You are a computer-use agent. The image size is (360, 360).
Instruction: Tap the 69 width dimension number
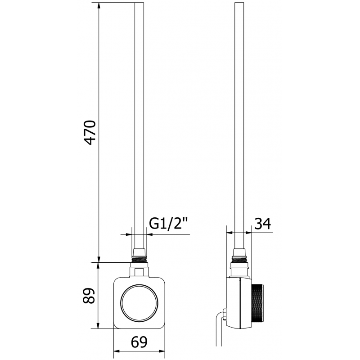(138, 342)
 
